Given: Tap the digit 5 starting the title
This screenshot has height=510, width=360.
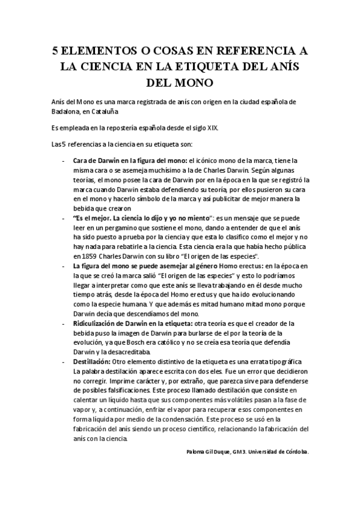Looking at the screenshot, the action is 55,51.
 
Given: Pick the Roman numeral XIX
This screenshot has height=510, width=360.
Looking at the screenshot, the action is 212,127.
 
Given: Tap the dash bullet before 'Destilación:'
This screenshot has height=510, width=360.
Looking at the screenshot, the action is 64,362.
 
